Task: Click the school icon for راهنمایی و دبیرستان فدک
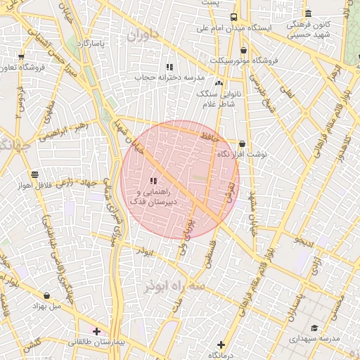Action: pos(153,181)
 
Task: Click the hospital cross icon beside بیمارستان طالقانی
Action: pos(96,330)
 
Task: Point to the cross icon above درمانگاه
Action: pos(221,345)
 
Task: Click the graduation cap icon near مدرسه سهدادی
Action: pos(314,328)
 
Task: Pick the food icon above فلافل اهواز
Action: pos(34,174)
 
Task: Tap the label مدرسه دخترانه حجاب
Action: pos(169,77)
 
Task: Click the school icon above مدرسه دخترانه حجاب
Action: pos(169,67)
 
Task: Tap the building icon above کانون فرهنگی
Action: pos(308,13)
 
